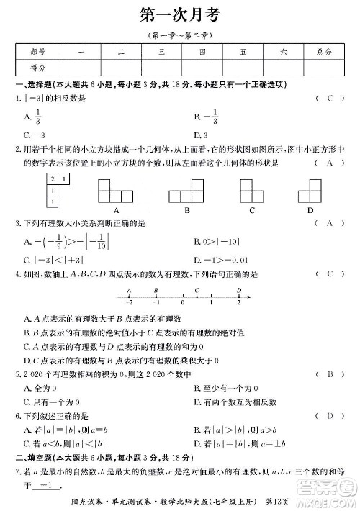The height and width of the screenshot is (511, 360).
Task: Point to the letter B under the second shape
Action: point(186,211)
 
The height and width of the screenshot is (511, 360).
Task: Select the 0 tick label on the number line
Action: point(183,302)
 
